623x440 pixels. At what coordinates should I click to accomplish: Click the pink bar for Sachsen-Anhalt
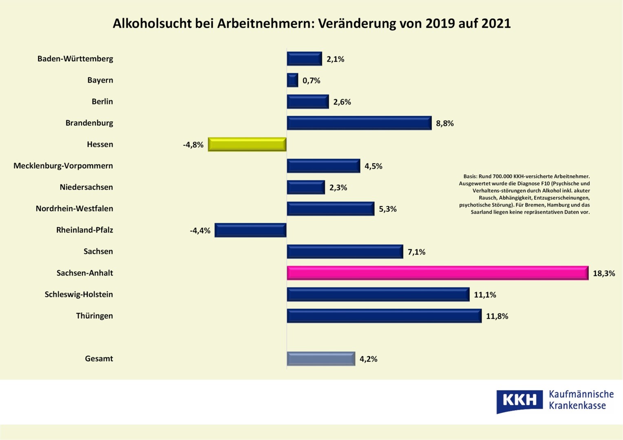(437, 273)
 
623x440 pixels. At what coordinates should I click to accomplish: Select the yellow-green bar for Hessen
(247, 145)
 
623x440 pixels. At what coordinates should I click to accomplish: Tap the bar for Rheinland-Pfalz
(250, 230)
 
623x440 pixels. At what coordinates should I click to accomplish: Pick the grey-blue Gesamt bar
(321, 359)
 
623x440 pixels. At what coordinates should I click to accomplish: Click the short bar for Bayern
(292, 80)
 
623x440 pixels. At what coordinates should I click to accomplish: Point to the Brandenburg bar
(359, 123)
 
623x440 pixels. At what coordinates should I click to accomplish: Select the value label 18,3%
(604, 273)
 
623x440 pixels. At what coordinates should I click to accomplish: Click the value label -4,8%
(193, 145)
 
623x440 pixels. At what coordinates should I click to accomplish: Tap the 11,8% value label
(497, 316)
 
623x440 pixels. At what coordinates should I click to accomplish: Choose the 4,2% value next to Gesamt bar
(368, 359)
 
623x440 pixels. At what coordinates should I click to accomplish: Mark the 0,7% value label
(311, 81)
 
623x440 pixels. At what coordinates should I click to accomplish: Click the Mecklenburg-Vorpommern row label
(63, 166)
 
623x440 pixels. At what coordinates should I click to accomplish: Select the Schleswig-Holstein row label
(79, 294)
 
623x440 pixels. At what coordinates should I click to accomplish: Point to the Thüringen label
(94, 316)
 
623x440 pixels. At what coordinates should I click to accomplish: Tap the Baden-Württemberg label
(75, 59)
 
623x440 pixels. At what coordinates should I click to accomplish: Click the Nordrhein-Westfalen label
(74, 209)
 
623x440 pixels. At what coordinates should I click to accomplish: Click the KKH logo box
(519, 401)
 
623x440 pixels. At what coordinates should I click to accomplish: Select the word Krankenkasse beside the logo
(577, 406)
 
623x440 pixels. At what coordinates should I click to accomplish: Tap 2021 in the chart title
(496, 24)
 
